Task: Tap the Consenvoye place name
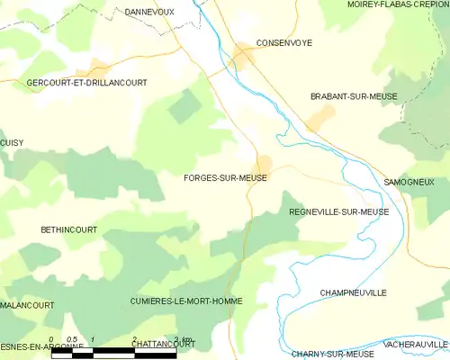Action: click(283, 42)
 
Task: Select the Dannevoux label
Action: click(149, 12)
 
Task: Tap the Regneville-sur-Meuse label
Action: click(339, 212)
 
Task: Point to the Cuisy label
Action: click(12, 142)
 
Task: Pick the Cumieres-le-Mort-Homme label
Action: click(185, 300)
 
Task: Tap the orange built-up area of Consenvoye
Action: click(243, 57)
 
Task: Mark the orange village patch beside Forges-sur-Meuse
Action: click(264, 164)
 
